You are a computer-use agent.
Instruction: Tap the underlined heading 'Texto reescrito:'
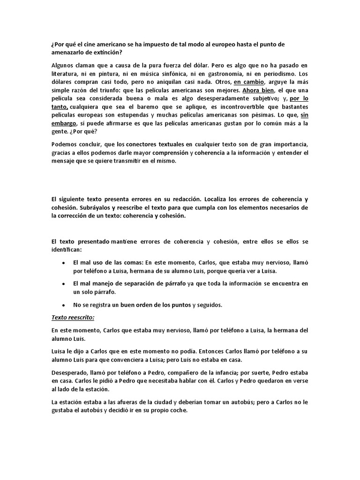tap(73, 318)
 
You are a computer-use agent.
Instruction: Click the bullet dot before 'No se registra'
tap(64, 305)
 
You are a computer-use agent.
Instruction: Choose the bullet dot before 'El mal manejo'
tap(64, 284)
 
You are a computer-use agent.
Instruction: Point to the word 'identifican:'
tap(66, 250)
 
